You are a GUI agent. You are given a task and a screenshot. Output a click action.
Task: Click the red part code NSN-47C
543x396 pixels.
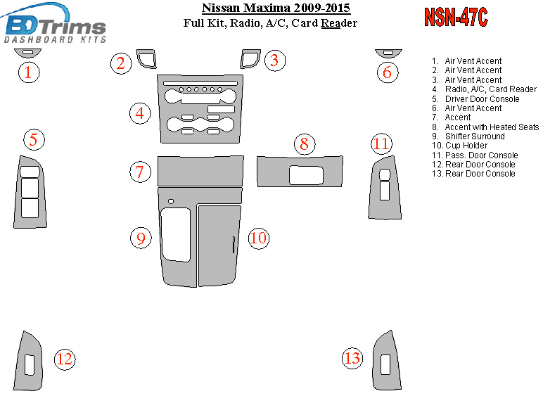(456, 17)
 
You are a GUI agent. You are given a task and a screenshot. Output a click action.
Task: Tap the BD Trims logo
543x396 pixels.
(54, 24)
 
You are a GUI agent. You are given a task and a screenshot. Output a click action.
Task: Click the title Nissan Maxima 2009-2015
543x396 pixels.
(276, 8)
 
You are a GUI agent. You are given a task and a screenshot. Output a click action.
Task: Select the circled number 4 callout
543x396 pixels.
(140, 113)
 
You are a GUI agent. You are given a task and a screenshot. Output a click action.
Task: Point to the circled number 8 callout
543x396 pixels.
(305, 143)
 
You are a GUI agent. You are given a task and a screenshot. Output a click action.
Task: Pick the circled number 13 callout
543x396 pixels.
(352, 358)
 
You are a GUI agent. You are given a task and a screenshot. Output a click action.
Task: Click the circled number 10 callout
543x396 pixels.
(258, 238)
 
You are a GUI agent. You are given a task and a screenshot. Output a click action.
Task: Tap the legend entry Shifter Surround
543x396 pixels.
(475, 136)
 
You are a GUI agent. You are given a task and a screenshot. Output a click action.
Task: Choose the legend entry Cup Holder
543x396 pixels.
(466, 146)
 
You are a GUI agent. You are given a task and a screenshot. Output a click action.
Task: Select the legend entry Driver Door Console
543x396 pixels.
(482, 98)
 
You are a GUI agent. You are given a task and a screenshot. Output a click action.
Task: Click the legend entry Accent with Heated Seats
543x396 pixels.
(492, 127)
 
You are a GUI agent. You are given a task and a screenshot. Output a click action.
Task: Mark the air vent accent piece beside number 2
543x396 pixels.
(146, 59)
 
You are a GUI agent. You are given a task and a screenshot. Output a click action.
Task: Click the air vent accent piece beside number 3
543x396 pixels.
(250, 59)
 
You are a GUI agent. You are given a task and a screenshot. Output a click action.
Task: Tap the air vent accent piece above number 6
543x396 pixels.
(388, 53)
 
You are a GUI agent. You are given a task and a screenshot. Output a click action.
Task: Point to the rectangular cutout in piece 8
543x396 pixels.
(306, 175)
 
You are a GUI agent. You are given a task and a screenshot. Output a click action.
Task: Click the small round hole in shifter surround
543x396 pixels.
(171, 201)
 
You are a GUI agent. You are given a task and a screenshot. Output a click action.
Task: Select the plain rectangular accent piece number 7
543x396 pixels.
(200, 171)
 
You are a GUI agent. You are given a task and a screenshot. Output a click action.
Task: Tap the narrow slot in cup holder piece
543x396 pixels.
(234, 245)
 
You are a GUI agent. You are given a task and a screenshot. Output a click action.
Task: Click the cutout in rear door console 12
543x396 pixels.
(30, 365)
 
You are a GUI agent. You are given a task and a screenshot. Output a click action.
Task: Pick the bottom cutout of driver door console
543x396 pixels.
(30, 208)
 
